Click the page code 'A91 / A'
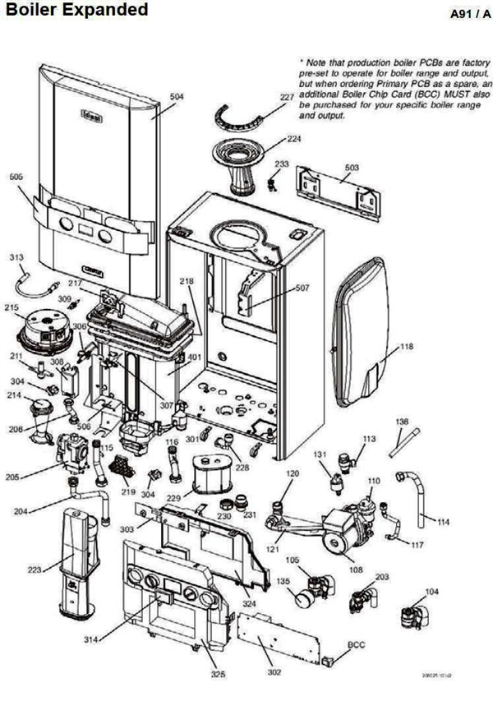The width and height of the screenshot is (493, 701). click(463, 15)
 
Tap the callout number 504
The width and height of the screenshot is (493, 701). click(177, 96)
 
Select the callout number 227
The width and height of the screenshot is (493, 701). click(286, 98)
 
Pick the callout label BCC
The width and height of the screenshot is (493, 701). click(357, 644)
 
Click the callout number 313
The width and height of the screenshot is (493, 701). click(16, 257)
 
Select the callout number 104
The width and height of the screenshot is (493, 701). click(432, 590)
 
